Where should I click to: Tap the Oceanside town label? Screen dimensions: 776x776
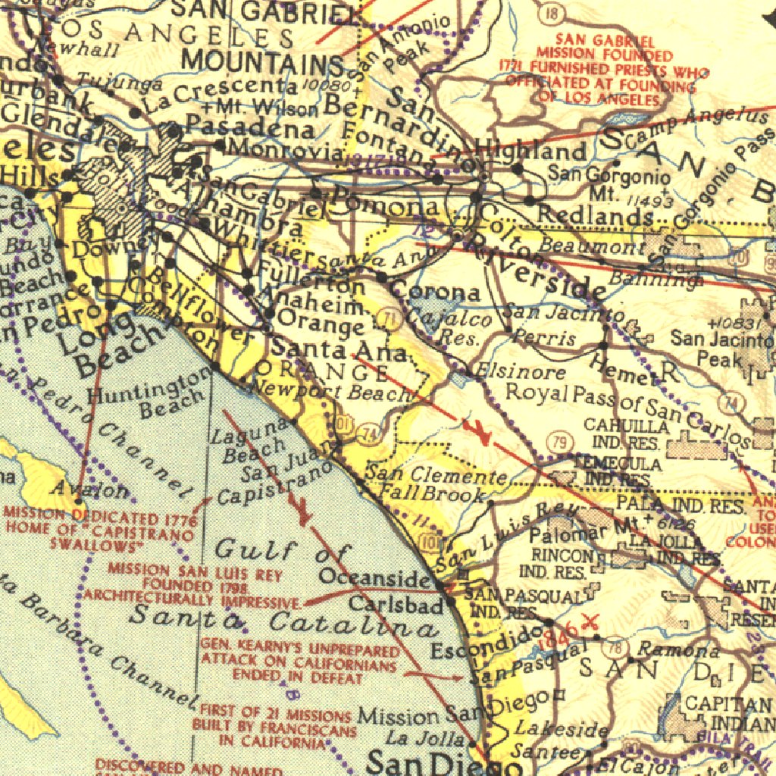(374, 577)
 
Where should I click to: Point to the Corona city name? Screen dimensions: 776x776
(435, 293)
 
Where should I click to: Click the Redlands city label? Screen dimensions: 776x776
(595, 215)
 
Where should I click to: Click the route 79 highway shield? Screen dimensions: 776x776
(559, 441)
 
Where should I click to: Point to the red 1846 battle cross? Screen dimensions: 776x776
(590, 622)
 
